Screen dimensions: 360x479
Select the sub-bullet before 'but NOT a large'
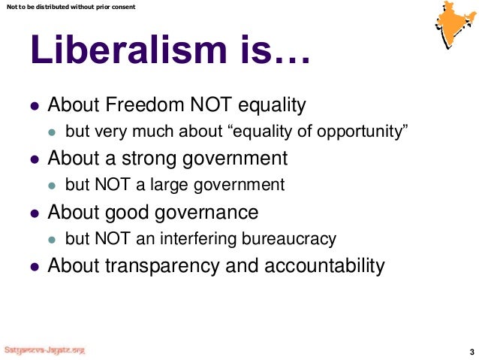point(52,186)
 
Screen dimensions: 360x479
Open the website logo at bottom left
point(45,350)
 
